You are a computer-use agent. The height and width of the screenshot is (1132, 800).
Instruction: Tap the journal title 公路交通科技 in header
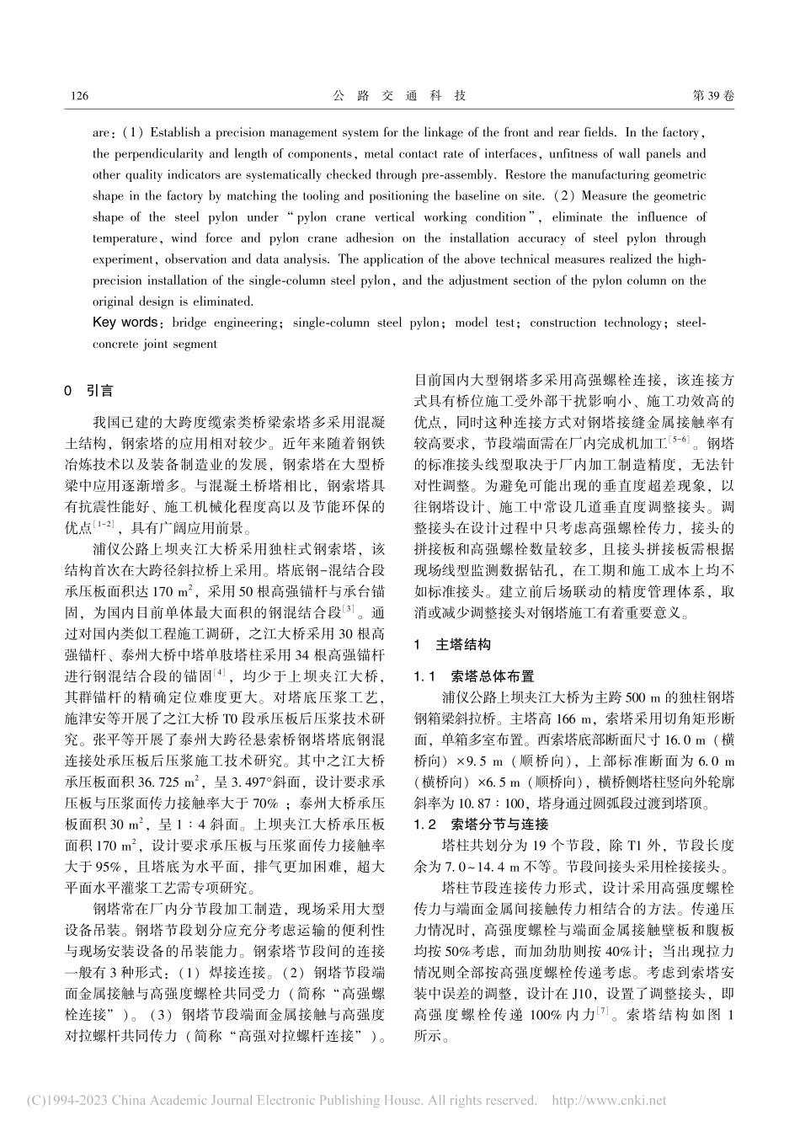(399, 96)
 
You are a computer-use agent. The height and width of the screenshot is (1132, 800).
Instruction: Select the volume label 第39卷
(712, 96)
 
